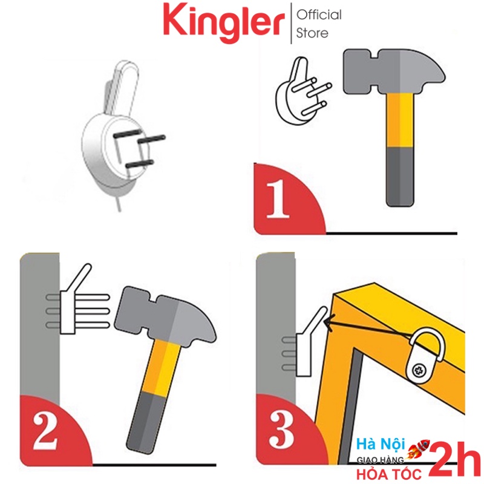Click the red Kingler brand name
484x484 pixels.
pyautogui.click(x=223, y=23)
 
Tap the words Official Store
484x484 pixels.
pyautogui.click(x=319, y=24)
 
